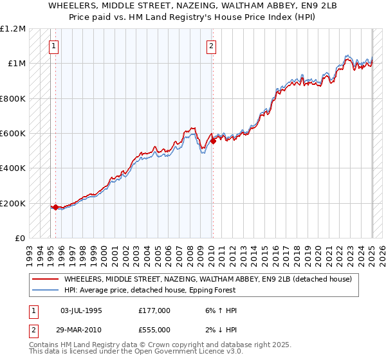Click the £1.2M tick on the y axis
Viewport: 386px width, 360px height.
(x=12, y=28)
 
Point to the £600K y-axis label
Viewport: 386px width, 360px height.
(x=12, y=133)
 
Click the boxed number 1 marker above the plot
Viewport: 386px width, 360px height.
(x=53, y=46)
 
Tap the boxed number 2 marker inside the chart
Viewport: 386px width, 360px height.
(x=211, y=46)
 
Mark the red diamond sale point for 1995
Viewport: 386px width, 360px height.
(x=56, y=207)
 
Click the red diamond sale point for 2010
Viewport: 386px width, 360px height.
(x=214, y=141)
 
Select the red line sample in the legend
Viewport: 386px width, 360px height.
(x=45, y=280)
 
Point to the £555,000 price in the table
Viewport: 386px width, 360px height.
(x=154, y=329)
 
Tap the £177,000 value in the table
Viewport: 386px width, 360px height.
(x=154, y=310)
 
